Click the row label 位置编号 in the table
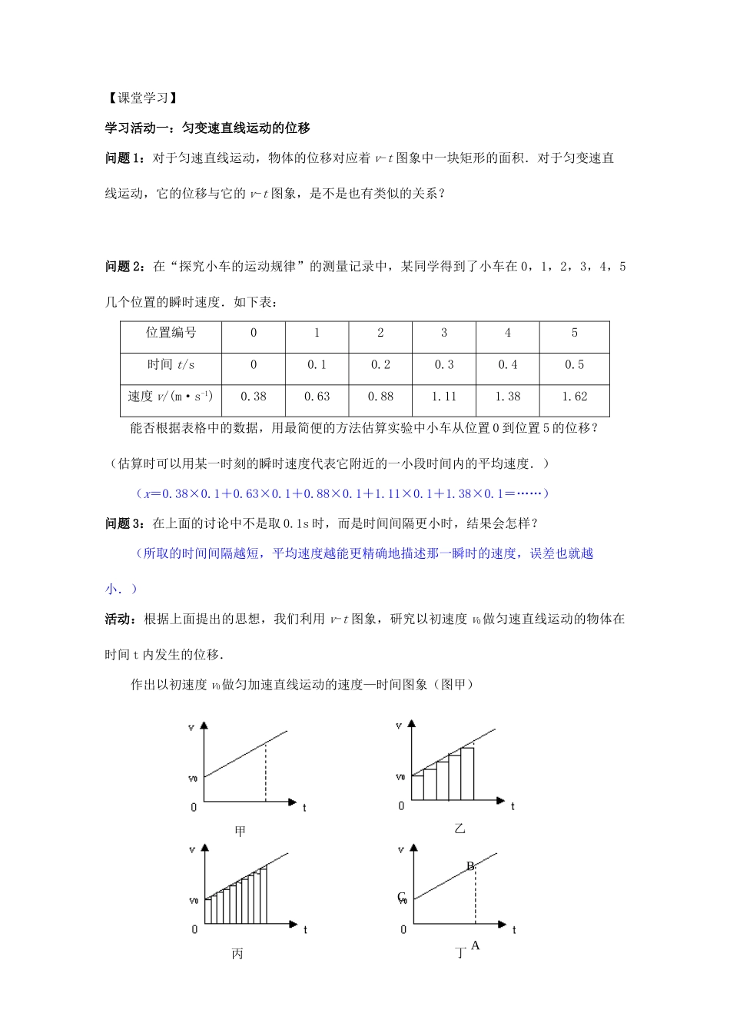click(171, 333)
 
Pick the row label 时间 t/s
click(171, 364)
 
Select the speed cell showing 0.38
click(253, 397)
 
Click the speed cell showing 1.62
click(574, 397)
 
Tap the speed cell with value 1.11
click(444, 397)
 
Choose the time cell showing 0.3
click(444, 364)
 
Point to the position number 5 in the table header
click(574, 333)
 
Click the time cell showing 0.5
click(574, 364)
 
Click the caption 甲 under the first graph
click(240, 831)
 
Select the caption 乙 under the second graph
click(460, 828)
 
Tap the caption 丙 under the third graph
click(237, 953)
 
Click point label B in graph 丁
click(470, 866)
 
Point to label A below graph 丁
click(475, 945)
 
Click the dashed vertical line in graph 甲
click(266, 772)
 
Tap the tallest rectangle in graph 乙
click(467, 773)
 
